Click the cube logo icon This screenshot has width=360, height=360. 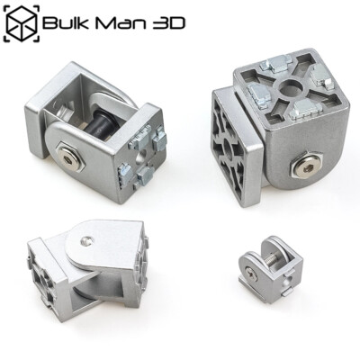coord(20,22)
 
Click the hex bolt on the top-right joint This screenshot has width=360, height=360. coord(306,167)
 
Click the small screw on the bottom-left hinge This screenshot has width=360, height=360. coord(85,240)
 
